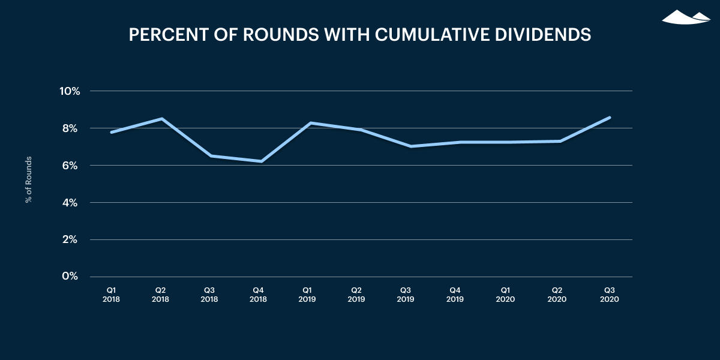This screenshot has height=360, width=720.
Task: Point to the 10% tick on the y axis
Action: (x=69, y=91)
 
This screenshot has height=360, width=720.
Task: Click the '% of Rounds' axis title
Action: (x=28, y=179)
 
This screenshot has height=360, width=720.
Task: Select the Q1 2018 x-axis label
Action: (x=111, y=293)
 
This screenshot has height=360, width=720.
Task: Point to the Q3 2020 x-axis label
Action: (x=610, y=293)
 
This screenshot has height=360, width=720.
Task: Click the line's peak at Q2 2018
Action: (x=161, y=119)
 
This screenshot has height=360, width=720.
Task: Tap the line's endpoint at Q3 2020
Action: (x=610, y=118)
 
